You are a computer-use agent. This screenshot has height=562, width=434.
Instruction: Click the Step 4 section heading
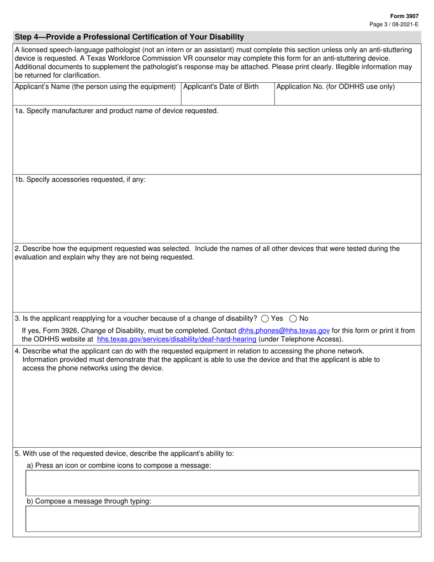point(129,37)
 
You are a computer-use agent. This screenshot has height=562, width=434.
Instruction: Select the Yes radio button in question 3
point(265,319)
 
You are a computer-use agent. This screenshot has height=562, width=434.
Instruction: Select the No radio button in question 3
point(293,319)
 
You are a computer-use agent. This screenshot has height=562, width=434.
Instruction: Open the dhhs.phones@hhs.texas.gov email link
point(284,330)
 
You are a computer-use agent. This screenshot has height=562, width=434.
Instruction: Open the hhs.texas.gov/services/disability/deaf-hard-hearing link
point(176,339)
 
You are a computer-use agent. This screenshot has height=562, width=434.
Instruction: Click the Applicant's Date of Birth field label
point(221,87)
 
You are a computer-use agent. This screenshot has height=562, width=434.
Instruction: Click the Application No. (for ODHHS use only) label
point(335,87)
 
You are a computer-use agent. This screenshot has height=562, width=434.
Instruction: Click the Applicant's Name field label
point(95,87)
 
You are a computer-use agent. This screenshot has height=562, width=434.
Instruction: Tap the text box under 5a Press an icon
point(222,483)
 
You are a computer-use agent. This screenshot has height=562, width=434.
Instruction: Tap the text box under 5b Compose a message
point(222,519)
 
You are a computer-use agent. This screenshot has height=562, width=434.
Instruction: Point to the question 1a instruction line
point(116,111)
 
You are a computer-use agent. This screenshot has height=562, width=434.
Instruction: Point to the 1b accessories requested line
point(80,180)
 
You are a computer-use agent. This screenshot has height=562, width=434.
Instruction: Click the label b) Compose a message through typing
point(89,501)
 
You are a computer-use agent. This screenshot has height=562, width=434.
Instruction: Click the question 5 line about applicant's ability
point(124,454)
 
